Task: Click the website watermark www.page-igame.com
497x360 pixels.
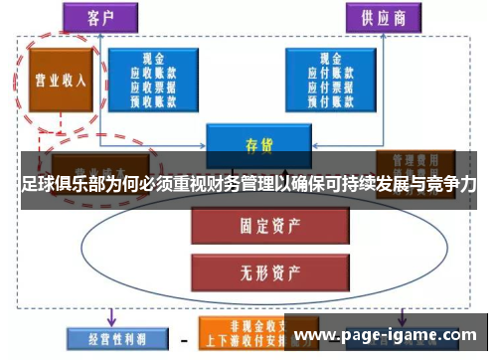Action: [386, 335]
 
